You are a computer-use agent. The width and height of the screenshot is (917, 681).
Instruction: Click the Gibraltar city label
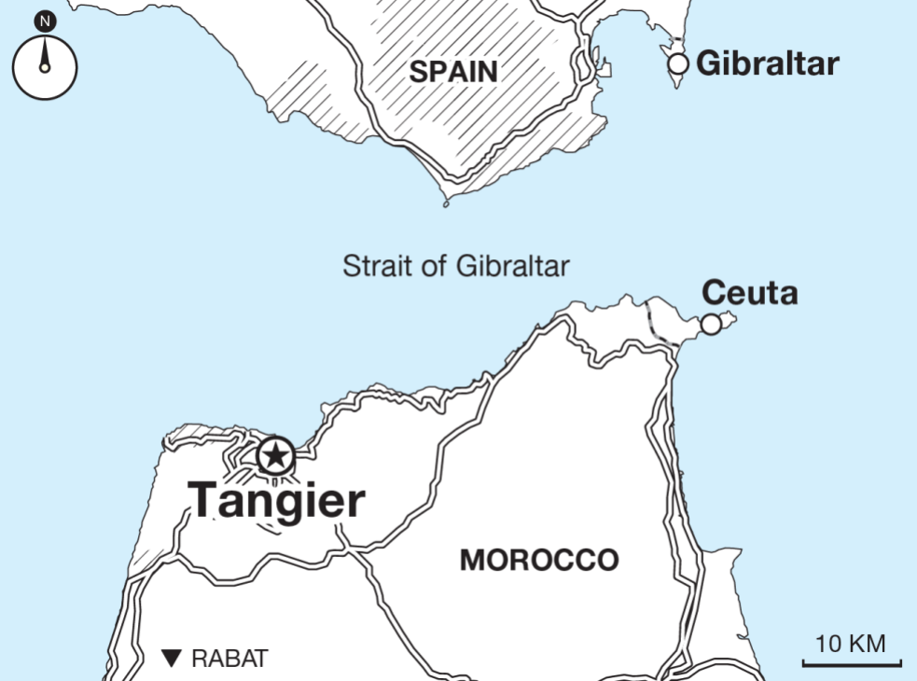pos(767,63)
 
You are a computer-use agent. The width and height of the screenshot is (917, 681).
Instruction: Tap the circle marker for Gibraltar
pos(679,63)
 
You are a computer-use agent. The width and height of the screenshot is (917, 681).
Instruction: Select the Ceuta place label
pos(749,292)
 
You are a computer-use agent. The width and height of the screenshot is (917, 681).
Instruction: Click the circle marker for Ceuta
pos(711,324)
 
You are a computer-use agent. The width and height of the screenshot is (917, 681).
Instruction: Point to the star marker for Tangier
pos(275,456)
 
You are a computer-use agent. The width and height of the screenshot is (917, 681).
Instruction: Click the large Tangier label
pos(276,500)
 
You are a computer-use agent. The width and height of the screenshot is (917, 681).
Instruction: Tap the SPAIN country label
pos(453,72)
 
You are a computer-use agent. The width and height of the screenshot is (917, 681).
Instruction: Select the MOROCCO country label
pos(539,560)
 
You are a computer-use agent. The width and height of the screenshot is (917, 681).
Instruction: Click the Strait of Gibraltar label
pos(455,266)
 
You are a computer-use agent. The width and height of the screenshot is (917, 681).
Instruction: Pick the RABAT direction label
pos(229,658)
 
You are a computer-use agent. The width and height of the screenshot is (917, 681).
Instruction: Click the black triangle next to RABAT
pos(171,658)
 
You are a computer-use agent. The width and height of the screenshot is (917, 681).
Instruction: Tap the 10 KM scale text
pos(850,644)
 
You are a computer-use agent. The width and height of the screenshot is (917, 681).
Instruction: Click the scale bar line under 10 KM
pos(852,664)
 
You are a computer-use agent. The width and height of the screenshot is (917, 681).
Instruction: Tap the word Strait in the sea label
pos(369,266)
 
